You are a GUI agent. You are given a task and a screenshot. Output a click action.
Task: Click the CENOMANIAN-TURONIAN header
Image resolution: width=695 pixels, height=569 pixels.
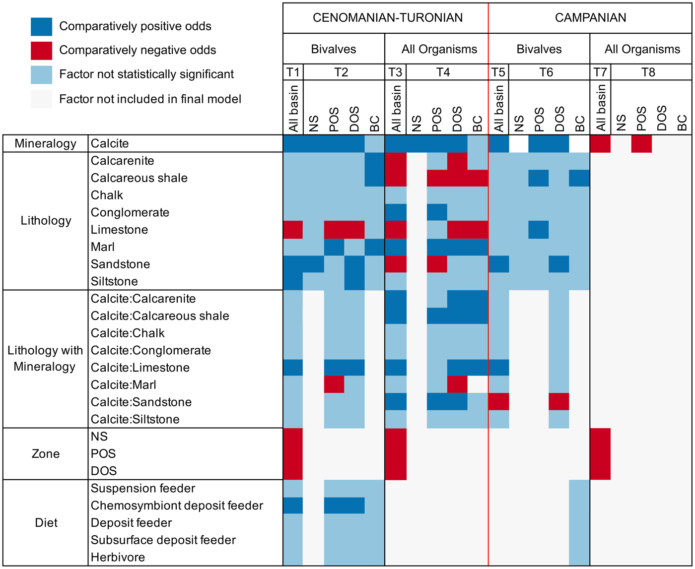[387, 18]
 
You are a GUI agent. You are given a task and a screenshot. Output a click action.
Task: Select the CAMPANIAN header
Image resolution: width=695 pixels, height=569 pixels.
[590, 18]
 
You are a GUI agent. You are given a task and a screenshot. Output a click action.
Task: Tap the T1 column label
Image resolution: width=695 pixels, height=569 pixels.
[293, 72]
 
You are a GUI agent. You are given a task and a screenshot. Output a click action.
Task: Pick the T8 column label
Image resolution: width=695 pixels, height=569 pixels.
[648, 72]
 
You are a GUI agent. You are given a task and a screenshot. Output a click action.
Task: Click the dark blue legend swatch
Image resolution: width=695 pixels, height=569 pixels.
[41, 27]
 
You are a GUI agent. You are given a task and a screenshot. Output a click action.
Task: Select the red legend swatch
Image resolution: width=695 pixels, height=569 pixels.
[41, 51]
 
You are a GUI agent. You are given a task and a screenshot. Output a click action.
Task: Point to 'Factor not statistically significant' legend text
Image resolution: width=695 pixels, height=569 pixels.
[146, 74]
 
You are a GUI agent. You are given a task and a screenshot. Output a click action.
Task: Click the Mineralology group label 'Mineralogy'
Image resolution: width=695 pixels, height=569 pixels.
[45, 143]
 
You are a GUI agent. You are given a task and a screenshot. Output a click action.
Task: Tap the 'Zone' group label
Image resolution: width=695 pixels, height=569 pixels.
[46, 453]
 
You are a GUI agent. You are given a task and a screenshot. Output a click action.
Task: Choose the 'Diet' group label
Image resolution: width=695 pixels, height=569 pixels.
[46, 522]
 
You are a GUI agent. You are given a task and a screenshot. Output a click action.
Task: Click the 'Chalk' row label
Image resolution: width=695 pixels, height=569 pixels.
[107, 195]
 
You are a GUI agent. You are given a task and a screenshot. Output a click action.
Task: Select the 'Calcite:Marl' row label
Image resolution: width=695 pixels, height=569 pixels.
[123, 384]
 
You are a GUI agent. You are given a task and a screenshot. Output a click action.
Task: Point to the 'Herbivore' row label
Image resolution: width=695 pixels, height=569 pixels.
[118, 557]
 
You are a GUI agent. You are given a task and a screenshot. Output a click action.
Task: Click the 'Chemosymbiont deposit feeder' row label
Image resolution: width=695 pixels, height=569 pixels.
[177, 506]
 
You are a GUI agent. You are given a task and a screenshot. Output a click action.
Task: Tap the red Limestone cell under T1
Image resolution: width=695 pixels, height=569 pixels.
[293, 230]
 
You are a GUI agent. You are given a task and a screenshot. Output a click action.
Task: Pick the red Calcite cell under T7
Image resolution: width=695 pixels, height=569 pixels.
[600, 143]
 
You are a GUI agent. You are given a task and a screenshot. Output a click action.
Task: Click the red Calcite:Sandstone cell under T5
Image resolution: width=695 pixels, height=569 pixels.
[498, 402]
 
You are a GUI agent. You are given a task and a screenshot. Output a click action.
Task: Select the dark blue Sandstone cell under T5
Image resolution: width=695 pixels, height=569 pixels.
[498, 264]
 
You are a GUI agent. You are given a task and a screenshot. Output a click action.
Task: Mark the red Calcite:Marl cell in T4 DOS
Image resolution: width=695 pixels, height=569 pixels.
[457, 384]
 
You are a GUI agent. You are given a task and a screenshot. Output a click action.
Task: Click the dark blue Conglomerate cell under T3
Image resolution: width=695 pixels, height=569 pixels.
[396, 212]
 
